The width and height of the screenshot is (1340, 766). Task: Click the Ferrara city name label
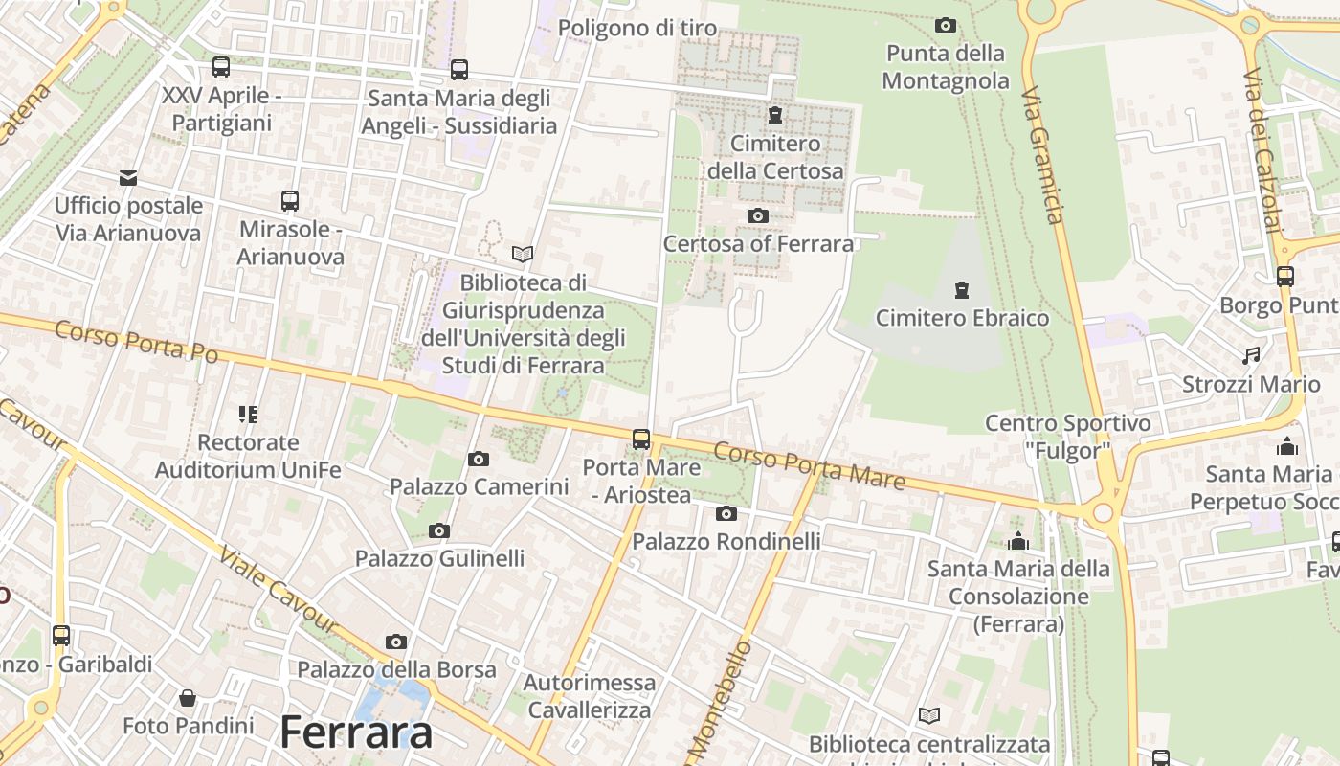click(356, 732)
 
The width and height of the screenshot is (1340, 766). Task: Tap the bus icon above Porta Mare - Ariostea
click(641, 439)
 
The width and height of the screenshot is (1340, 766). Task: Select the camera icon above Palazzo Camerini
click(479, 460)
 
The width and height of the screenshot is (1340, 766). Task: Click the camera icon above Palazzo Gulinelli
click(439, 530)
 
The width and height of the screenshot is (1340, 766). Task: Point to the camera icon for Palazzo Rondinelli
click(726, 514)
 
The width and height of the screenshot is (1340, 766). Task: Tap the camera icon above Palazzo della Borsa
click(396, 642)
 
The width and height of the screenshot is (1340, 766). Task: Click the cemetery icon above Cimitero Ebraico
click(962, 289)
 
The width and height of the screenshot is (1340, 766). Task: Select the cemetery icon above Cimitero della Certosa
click(774, 116)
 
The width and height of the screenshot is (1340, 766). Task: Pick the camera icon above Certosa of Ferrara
click(757, 215)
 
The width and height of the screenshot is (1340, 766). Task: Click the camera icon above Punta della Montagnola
click(946, 25)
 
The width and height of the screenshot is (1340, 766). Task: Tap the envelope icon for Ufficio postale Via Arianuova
click(128, 177)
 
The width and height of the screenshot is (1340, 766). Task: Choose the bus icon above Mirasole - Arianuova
click(290, 201)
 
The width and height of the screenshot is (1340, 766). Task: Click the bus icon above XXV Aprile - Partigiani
click(221, 67)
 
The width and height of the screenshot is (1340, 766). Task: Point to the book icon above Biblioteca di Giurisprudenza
click(523, 254)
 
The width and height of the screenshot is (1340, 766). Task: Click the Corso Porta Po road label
click(136, 342)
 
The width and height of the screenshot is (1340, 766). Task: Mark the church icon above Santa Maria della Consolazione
click(1018, 542)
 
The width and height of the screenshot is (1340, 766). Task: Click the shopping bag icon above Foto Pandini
click(188, 698)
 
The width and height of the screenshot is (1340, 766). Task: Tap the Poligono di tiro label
click(636, 28)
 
